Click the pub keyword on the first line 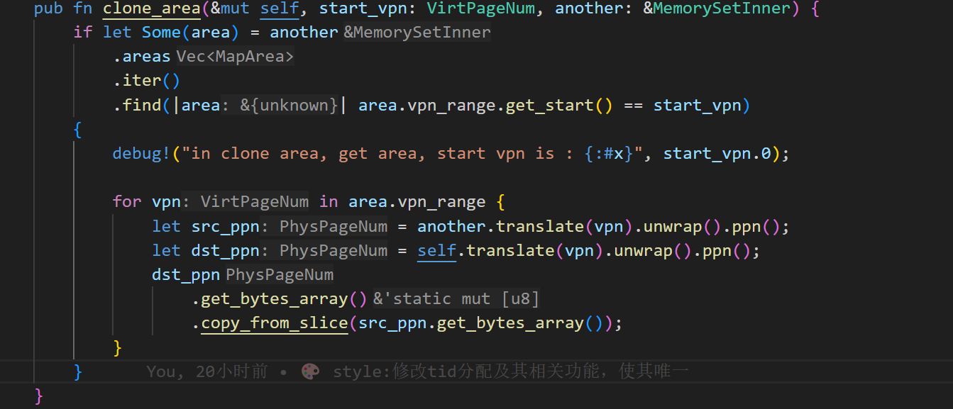click(48, 9)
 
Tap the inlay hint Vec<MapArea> click(235, 57)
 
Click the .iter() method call click(146, 81)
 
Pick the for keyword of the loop click(127, 201)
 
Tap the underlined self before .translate click(436, 250)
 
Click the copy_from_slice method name click(274, 323)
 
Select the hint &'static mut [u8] click(456, 298)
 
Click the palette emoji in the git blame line click(310, 371)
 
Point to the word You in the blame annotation click(161, 371)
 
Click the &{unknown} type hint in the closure click(289, 105)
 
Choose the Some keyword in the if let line click(161, 33)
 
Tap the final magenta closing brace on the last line click(39, 395)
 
